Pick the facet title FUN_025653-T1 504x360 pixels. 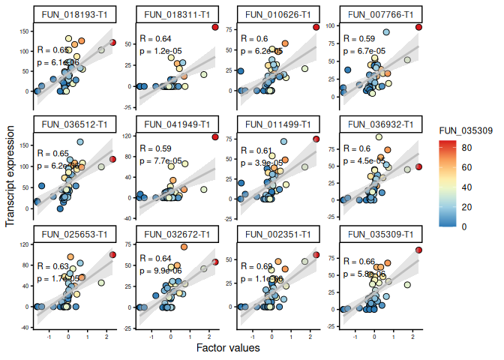[x=75, y=235]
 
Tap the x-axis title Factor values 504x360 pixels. [x=228, y=348]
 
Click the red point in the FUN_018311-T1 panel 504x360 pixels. [x=214, y=27]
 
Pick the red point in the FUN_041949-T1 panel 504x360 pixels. [x=214, y=137]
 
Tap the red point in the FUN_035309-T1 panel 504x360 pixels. [x=418, y=250]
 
